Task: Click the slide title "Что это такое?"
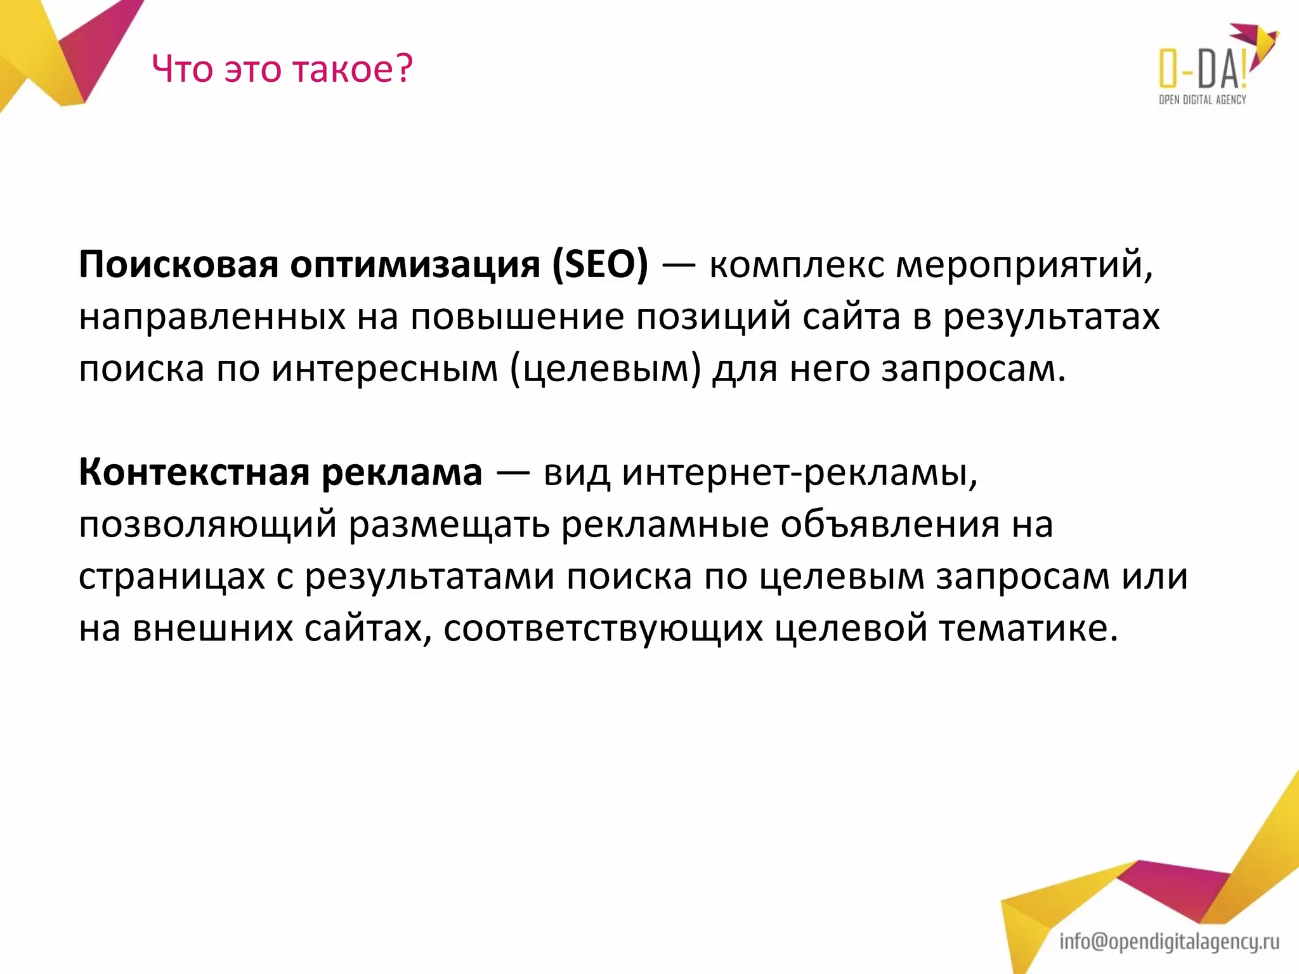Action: (282, 68)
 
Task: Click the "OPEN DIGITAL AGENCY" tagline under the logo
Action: (1202, 100)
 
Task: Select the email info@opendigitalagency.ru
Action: (1169, 942)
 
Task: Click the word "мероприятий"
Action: (1024, 265)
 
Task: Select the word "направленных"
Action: (212, 316)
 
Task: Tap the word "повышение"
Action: (517, 316)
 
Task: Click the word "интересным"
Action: (385, 368)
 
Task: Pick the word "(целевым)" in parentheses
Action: (606, 368)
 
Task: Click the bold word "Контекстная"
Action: (193, 472)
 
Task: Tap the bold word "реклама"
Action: (401, 472)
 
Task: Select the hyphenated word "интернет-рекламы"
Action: (799, 472)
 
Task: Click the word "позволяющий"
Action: (207, 525)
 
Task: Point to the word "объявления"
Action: (889, 525)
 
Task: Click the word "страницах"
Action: (171, 577)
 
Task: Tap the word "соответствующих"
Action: (603, 629)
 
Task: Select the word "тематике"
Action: (1028, 629)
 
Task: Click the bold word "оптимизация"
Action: (415, 265)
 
